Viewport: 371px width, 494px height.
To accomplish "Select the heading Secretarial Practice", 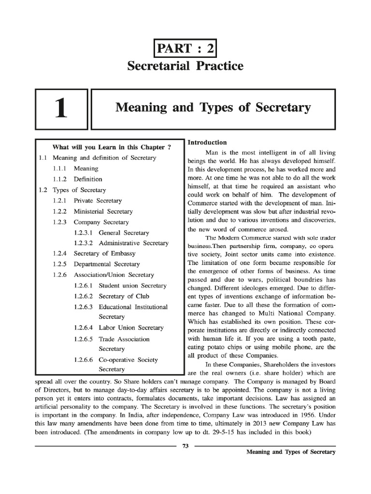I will coord(185,66).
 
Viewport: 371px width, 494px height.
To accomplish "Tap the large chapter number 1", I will coord(60,109).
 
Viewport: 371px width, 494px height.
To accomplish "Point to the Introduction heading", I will coord(207,142).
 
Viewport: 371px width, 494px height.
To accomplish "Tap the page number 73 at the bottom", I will coord(185,446).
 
